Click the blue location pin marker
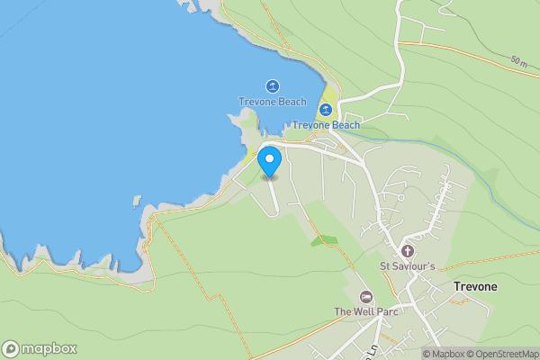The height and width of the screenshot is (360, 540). pos(269,161)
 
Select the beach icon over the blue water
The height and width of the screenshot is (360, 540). pos(272,86)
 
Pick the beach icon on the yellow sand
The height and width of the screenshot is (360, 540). pos(326,110)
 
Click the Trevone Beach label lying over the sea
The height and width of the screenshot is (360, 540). pos(272,102)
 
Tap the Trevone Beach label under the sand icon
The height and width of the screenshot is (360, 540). pos(326,125)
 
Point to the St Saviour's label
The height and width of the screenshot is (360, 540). pos(407,265)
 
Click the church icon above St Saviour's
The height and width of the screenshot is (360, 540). pos(407,250)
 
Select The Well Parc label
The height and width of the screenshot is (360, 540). pos(366,311)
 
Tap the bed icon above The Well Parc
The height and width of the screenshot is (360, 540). pos(366,296)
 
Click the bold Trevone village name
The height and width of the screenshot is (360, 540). pos(473,286)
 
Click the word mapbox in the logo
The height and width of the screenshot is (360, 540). pos(49,349)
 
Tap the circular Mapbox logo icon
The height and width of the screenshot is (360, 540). pos(11,349)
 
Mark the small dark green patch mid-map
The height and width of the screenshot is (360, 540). pos(324,240)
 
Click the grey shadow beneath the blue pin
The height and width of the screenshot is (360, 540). pos(269,177)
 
